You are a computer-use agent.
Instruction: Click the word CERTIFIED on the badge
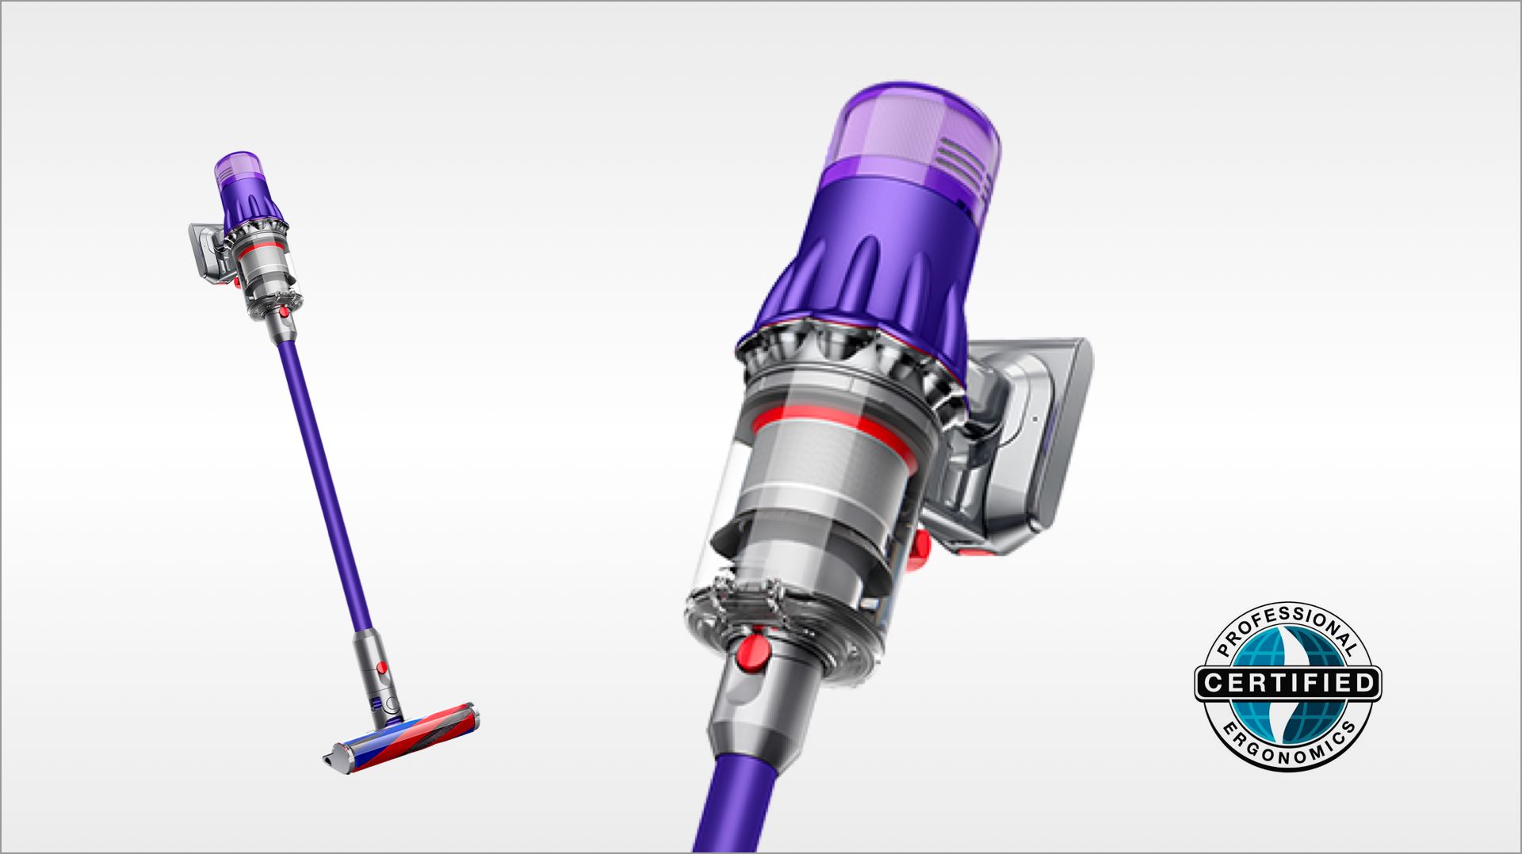[x=1287, y=683]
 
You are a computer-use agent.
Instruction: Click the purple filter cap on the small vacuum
[x=237, y=166]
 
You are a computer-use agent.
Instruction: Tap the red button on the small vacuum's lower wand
[x=382, y=667]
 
